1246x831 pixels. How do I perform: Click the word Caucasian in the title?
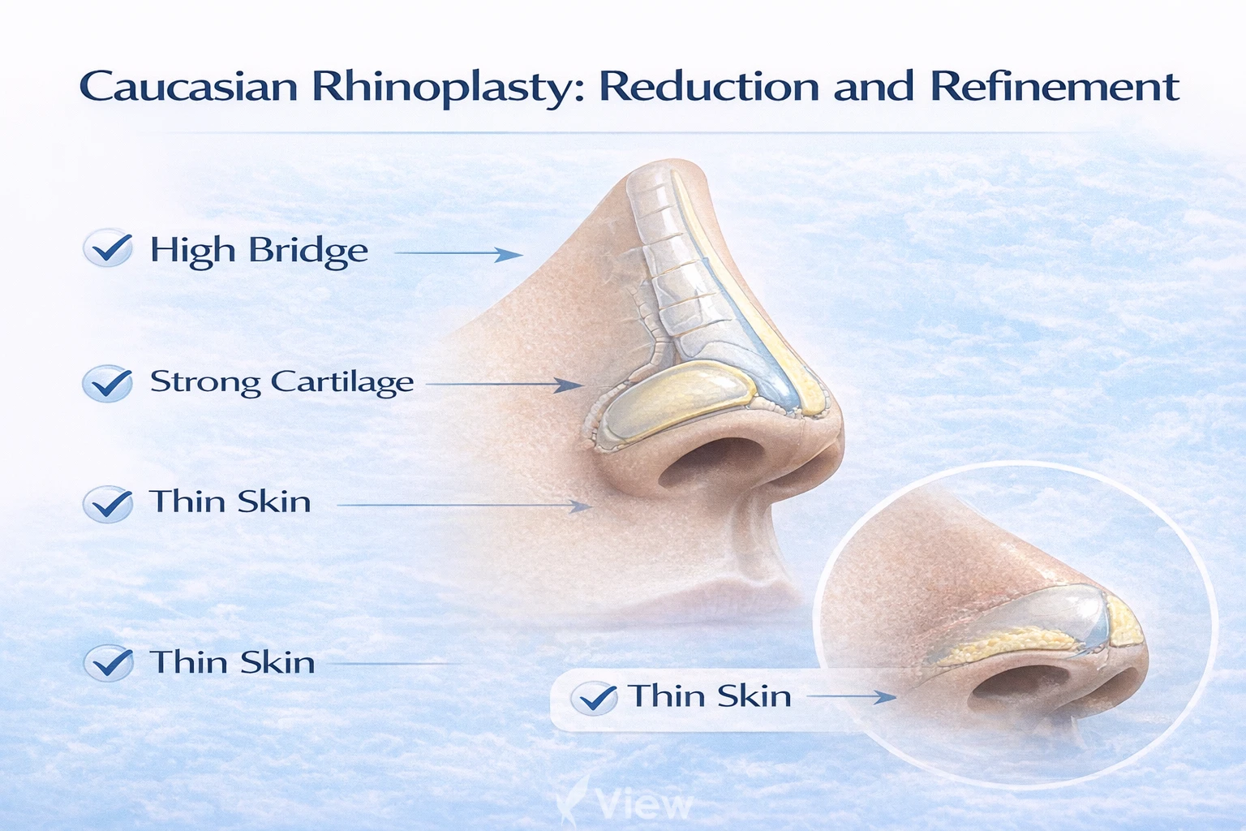(x=188, y=87)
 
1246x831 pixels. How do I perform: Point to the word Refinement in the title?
(x=1054, y=87)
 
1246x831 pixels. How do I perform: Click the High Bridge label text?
(x=259, y=250)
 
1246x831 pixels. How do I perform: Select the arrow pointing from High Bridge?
(x=458, y=254)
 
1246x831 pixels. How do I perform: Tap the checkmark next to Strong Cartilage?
(x=108, y=383)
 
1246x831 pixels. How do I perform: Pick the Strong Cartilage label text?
(x=281, y=381)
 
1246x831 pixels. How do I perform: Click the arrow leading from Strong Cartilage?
(x=503, y=384)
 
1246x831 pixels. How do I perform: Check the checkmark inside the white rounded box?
(x=594, y=698)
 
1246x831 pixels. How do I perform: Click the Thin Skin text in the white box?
(x=710, y=696)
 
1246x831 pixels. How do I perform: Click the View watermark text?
(x=644, y=804)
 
